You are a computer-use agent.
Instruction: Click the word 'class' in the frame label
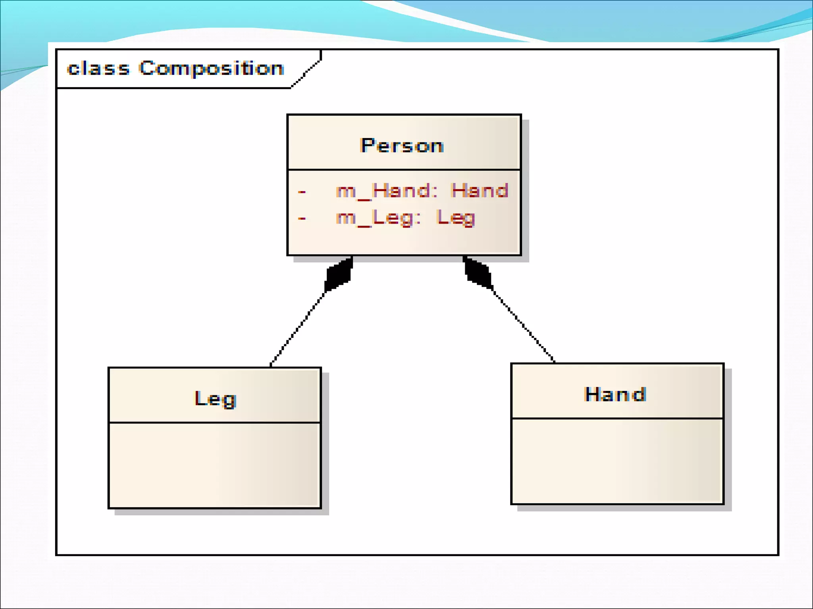click(x=98, y=69)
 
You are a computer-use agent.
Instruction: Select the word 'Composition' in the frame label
click(x=211, y=69)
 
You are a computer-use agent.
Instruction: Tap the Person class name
click(x=402, y=146)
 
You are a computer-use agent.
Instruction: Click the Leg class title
click(x=216, y=398)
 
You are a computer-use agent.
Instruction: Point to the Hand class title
click(x=615, y=395)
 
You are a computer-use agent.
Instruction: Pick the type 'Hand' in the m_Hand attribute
click(x=480, y=191)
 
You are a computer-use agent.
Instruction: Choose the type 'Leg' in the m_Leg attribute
click(x=456, y=218)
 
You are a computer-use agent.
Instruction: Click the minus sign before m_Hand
click(x=302, y=192)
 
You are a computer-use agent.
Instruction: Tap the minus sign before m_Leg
click(x=302, y=218)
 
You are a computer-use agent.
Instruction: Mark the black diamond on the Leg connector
click(x=339, y=274)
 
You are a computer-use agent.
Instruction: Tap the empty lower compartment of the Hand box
click(x=617, y=461)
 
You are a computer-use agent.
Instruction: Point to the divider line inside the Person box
click(x=404, y=170)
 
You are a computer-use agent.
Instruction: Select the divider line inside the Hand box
click(x=617, y=418)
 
